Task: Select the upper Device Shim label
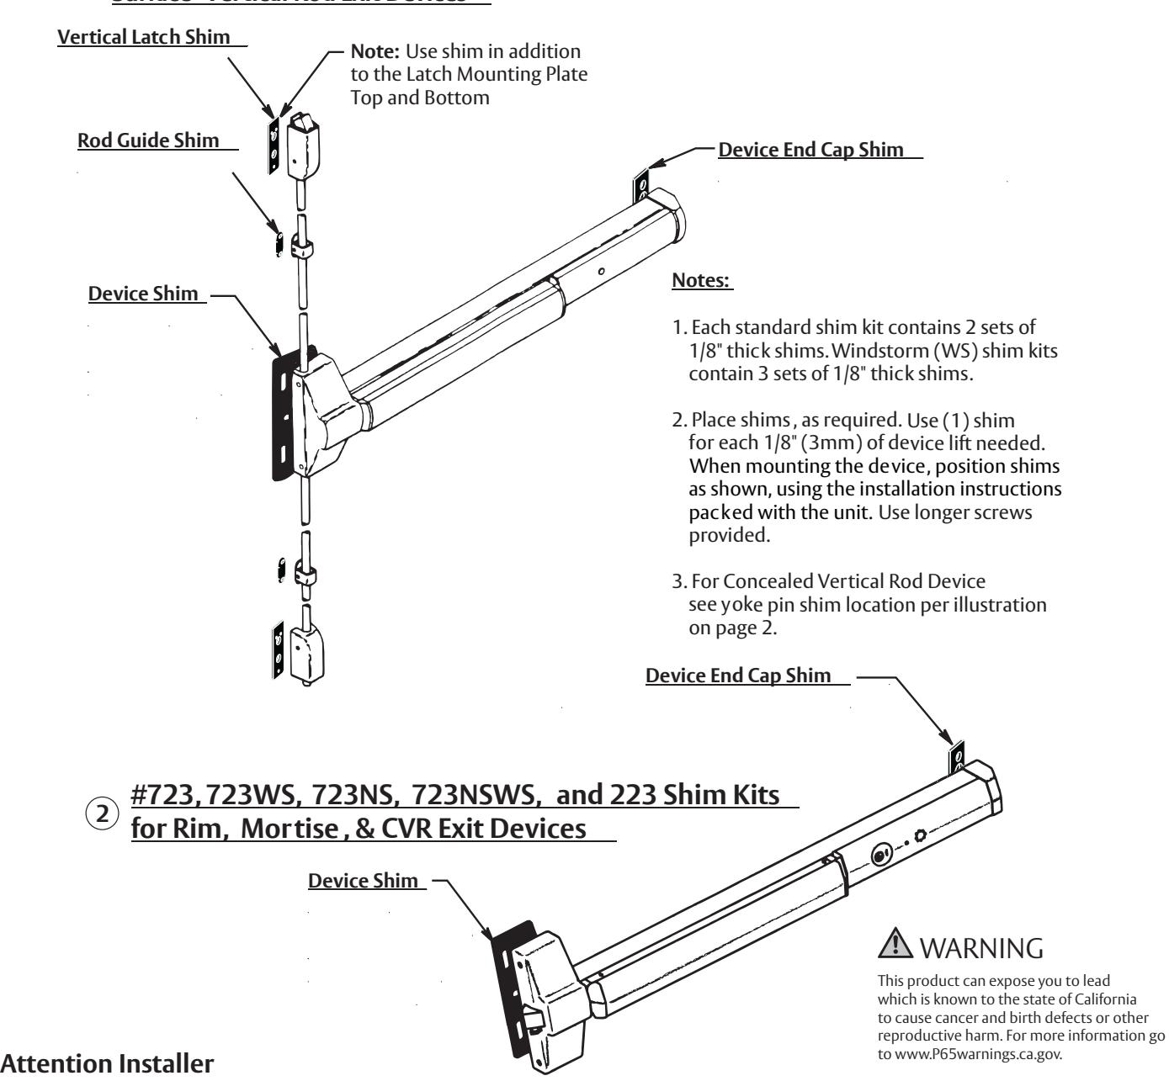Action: pos(143,294)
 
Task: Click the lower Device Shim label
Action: pos(363,881)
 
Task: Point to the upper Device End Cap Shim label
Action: pos(808,151)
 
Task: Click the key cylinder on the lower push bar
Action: pos(881,851)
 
